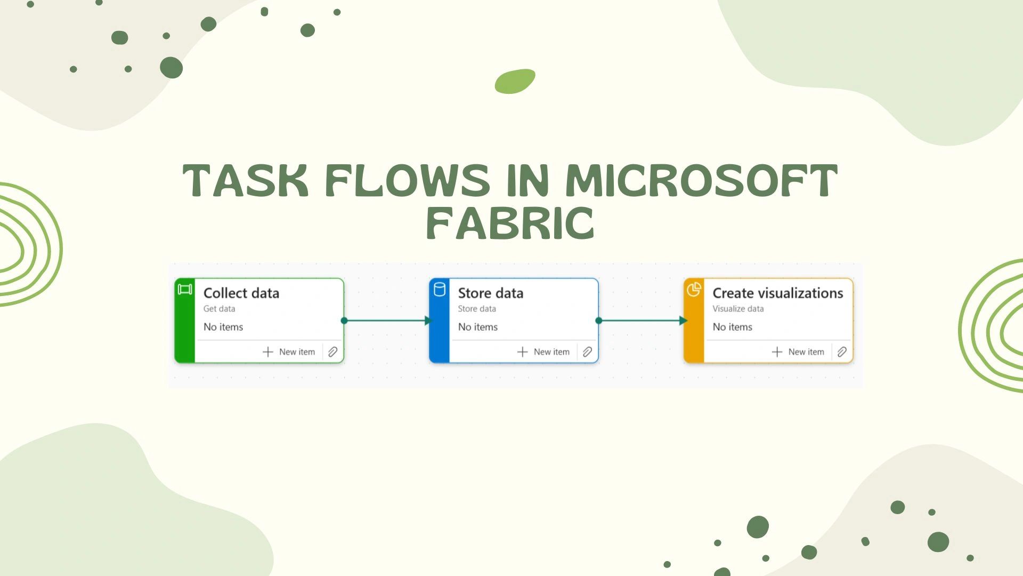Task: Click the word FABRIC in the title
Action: pyautogui.click(x=510, y=224)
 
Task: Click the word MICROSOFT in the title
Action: pyautogui.click(x=702, y=180)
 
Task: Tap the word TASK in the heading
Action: pyautogui.click(x=246, y=180)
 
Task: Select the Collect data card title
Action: pyautogui.click(x=241, y=293)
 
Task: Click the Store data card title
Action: pyautogui.click(x=491, y=293)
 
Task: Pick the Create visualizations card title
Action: pyautogui.click(x=778, y=293)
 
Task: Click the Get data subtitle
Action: pyautogui.click(x=219, y=309)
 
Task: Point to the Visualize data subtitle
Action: pyautogui.click(x=738, y=309)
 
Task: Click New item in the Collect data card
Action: pyautogui.click(x=289, y=352)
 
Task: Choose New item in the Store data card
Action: pyautogui.click(x=543, y=352)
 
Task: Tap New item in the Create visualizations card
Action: pyautogui.click(x=798, y=352)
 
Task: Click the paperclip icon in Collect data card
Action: pyautogui.click(x=332, y=352)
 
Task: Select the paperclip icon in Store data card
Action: pyautogui.click(x=587, y=352)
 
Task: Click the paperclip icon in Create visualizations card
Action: pyautogui.click(x=842, y=352)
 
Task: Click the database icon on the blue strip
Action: pyautogui.click(x=440, y=290)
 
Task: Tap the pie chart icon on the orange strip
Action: pyautogui.click(x=694, y=290)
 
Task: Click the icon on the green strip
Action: pyautogui.click(x=185, y=290)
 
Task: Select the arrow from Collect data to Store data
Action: pyautogui.click(x=387, y=321)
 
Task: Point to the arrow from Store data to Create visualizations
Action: pyautogui.click(x=642, y=321)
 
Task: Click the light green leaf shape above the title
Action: pyautogui.click(x=515, y=81)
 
